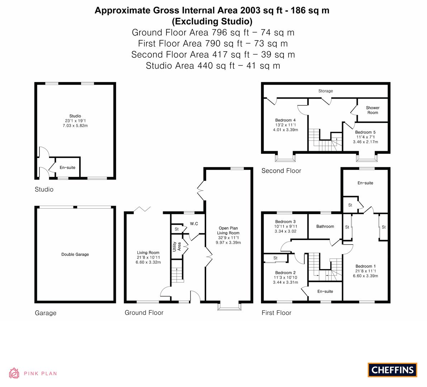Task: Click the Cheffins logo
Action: pyautogui.click(x=393, y=370)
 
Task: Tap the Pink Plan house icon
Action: pyautogui.click(x=14, y=373)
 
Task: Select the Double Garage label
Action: pyautogui.click(x=75, y=254)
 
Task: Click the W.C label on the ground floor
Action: pyautogui.click(x=194, y=224)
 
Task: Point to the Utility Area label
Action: pyautogui.click(x=177, y=247)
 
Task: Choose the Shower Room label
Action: pyautogui.click(x=373, y=110)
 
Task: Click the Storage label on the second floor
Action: pyautogui.click(x=326, y=91)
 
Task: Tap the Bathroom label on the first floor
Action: pyautogui.click(x=325, y=226)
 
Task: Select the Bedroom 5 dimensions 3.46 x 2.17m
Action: pyautogui.click(x=365, y=142)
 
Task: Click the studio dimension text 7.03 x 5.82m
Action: pyautogui.click(x=75, y=126)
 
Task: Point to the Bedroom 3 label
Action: pyautogui.click(x=285, y=221)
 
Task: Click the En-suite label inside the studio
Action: pyautogui.click(x=67, y=168)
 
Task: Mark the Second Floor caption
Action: pyautogui.click(x=281, y=171)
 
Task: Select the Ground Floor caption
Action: pyautogui.click(x=144, y=312)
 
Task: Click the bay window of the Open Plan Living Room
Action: pyautogui.click(x=229, y=306)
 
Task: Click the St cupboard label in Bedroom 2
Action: pyautogui.click(x=275, y=258)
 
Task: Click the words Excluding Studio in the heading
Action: pyautogui.click(x=212, y=21)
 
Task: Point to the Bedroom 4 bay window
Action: pyautogui.click(x=285, y=158)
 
